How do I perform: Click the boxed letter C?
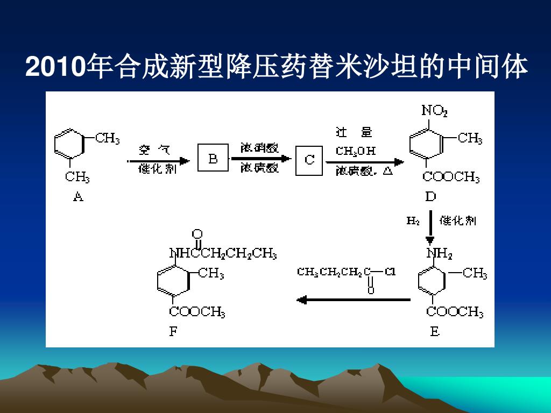click(309, 160)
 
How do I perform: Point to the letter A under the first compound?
click(78, 197)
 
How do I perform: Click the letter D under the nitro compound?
click(430, 196)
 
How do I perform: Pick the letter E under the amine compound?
click(434, 332)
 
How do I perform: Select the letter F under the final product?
click(173, 331)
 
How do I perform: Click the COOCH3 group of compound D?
click(451, 177)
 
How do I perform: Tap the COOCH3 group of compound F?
click(197, 311)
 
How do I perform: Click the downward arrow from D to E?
click(430, 226)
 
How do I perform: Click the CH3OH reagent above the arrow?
click(356, 151)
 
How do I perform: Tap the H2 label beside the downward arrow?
click(413, 220)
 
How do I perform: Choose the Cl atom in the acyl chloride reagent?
click(390, 272)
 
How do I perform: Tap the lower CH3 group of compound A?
click(77, 176)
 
